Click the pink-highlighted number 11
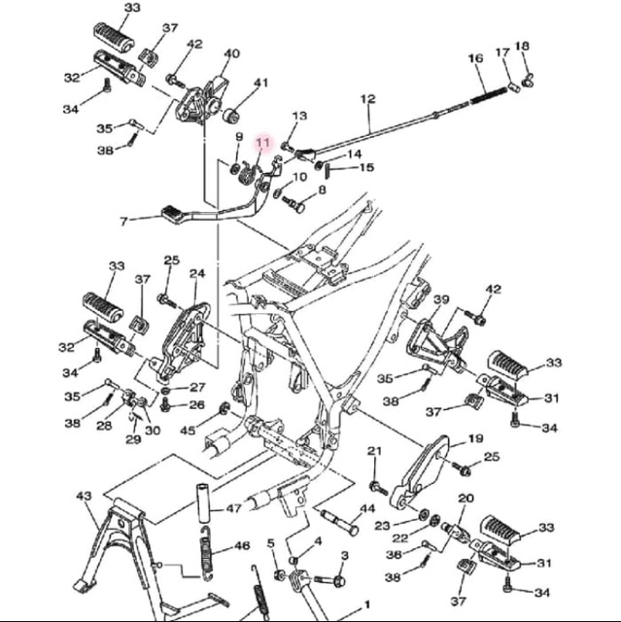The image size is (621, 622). (x=263, y=142)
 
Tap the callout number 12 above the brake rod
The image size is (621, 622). (x=367, y=98)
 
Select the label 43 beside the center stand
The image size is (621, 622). (x=84, y=496)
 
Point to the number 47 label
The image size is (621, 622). (x=233, y=508)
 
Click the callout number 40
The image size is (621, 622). (x=232, y=53)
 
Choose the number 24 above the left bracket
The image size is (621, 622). (x=197, y=273)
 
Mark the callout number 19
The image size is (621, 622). (x=476, y=438)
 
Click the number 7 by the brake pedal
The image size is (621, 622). (x=124, y=222)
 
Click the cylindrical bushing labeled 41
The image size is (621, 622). (x=230, y=117)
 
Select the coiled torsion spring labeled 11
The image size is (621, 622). (x=247, y=175)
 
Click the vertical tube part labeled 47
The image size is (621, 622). (x=203, y=502)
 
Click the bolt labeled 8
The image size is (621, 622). (x=293, y=203)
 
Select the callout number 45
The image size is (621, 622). (x=188, y=430)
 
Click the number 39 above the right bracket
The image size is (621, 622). (x=441, y=299)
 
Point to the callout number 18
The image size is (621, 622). (x=522, y=46)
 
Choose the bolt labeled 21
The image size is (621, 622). (x=378, y=488)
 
